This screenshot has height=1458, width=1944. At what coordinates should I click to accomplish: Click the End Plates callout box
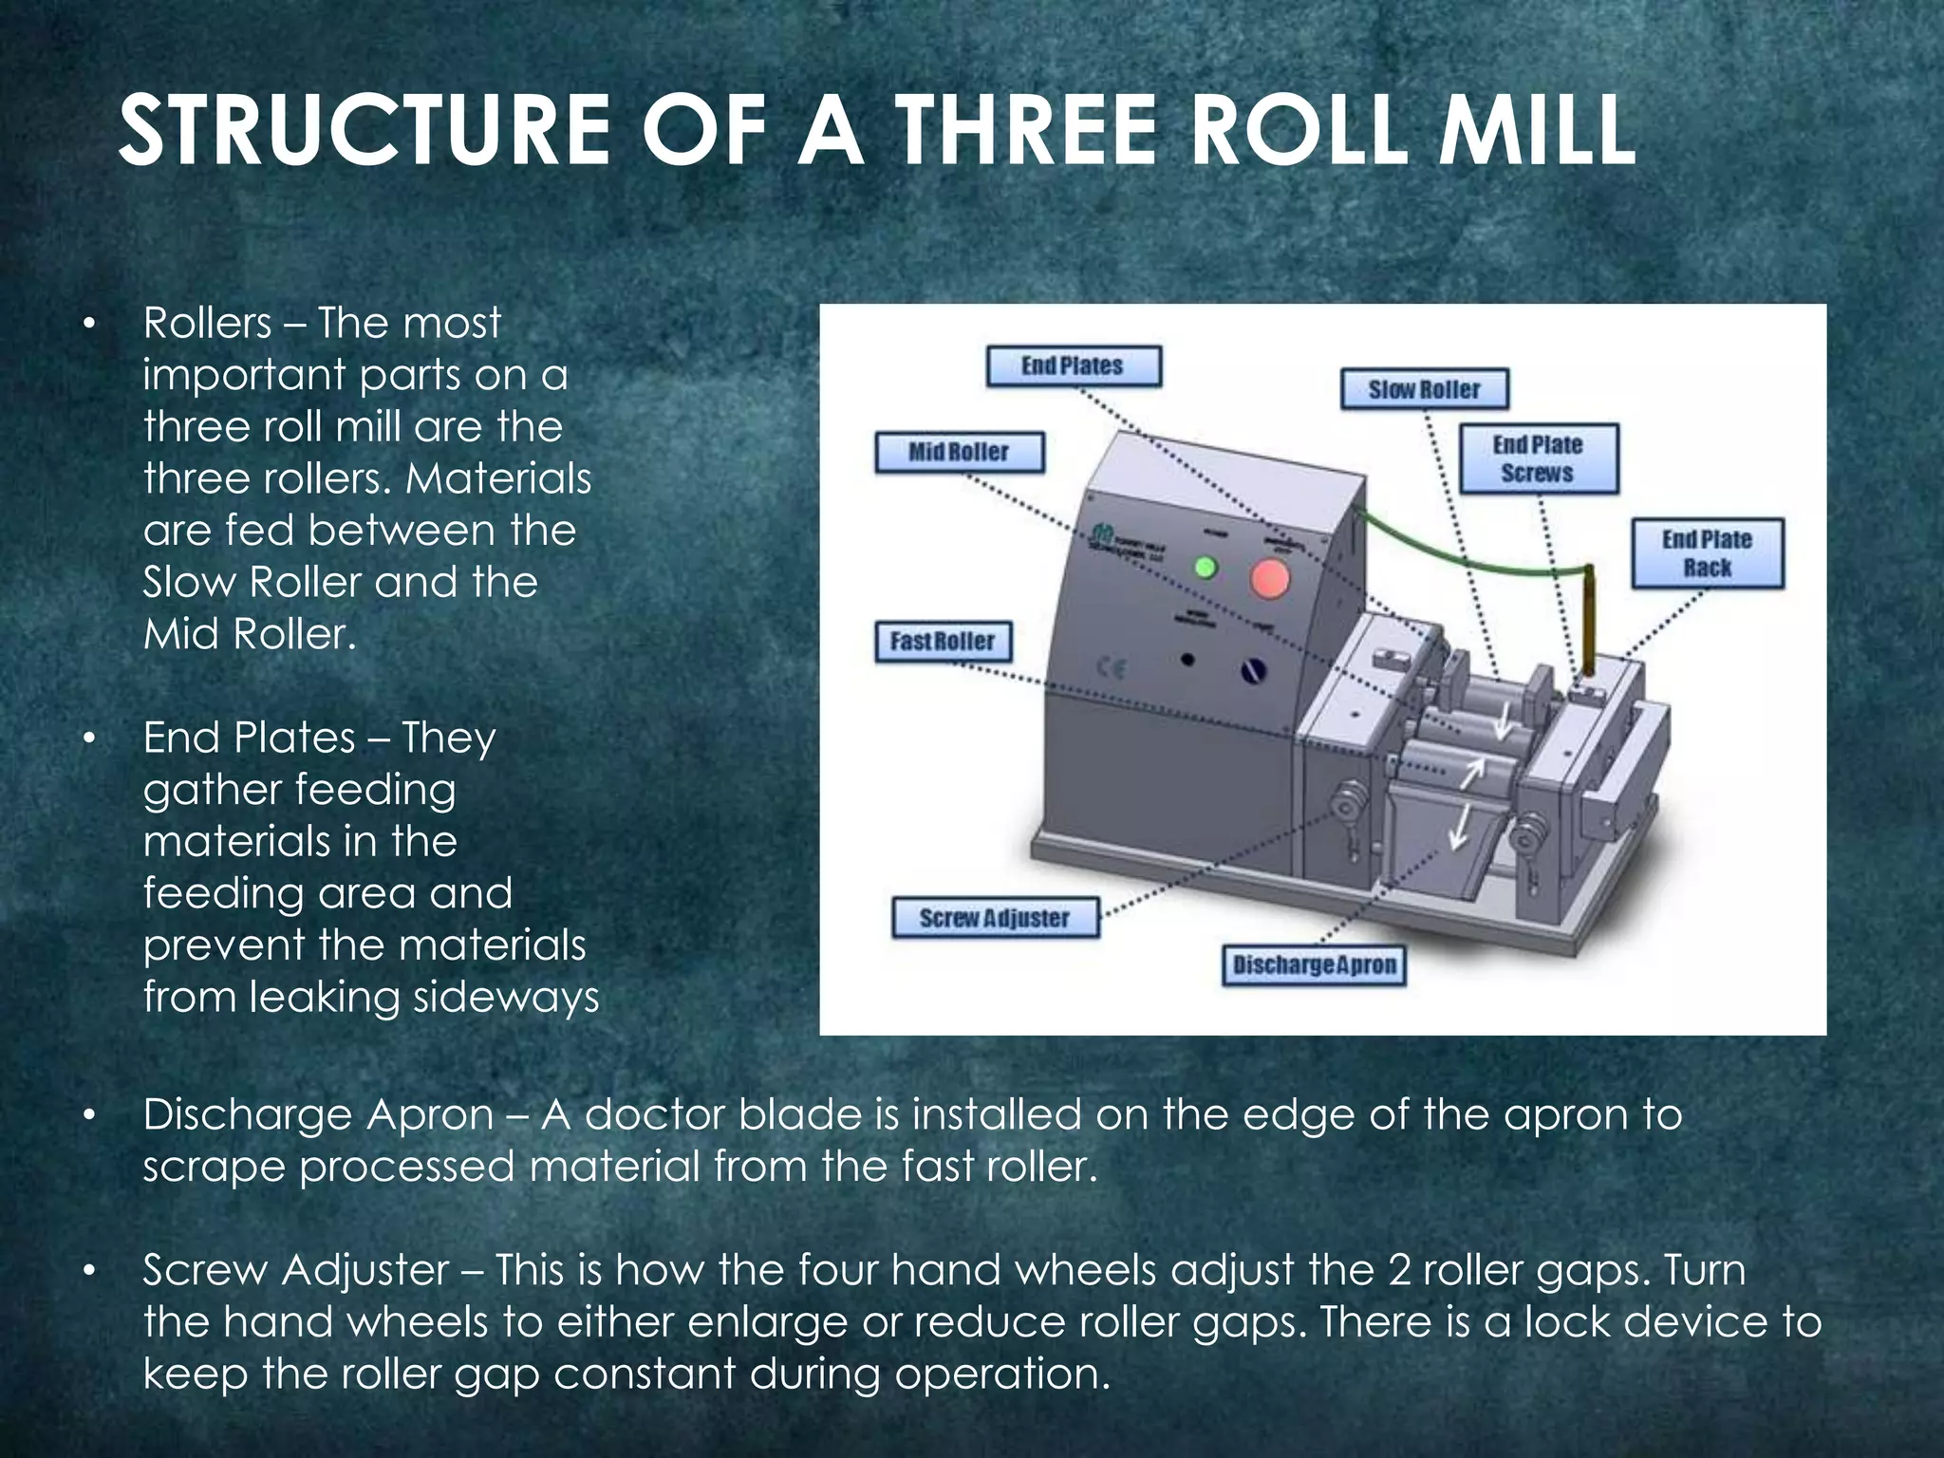coord(1073,366)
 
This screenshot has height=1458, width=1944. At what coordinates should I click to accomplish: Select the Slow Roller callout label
coord(1424,389)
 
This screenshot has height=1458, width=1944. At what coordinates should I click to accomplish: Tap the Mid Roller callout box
coord(959,452)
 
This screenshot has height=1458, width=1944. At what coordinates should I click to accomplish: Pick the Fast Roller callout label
coord(943,642)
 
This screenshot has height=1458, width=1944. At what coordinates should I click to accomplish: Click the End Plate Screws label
coord(1538,458)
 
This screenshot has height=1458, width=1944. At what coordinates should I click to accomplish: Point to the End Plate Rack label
coord(1707,553)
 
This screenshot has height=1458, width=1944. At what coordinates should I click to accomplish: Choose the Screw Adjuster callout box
coord(995,918)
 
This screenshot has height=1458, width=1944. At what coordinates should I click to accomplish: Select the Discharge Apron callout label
coord(1314,965)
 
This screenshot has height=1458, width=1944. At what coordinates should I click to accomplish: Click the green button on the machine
coord(1205,568)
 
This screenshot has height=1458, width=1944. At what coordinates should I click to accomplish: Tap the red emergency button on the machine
coord(1269,578)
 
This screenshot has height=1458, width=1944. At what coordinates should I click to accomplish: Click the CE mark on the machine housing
coord(1112,668)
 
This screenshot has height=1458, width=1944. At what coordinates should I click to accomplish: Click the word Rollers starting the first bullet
coord(207,324)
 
